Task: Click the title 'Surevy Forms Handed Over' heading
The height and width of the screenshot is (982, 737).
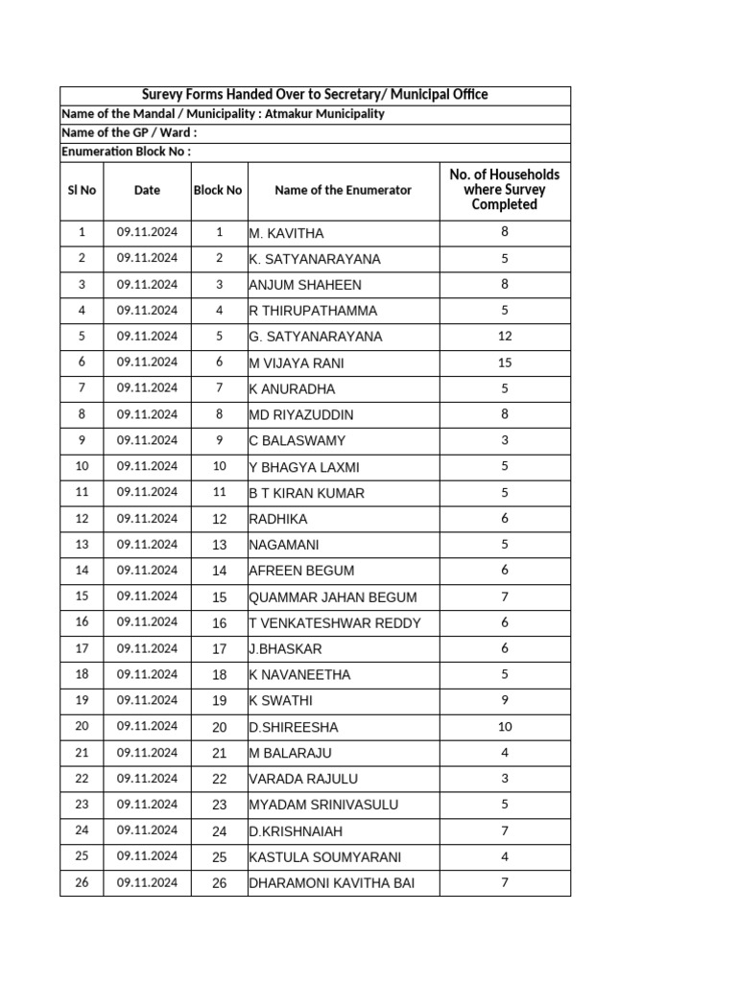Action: pos(315,95)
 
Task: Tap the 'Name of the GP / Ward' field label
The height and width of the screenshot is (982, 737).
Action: pos(129,133)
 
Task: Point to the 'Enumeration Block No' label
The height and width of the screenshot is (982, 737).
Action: pos(126,152)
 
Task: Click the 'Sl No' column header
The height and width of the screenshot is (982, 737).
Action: pos(82,190)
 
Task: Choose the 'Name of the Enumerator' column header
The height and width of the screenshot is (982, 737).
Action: pos(343,190)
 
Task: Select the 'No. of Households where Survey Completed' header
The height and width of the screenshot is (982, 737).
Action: pos(504,189)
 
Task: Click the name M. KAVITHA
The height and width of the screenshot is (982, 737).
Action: pos(286,233)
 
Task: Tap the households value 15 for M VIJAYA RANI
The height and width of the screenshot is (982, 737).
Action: pos(505,362)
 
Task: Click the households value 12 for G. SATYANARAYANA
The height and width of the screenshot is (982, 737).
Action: pos(505,337)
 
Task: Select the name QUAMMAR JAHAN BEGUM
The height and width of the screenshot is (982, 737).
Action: pos(333,597)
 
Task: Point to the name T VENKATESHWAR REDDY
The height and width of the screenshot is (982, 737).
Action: pos(334,623)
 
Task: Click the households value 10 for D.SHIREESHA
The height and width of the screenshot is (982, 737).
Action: pos(505,727)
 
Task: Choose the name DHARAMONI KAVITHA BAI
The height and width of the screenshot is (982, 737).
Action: pos(332,883)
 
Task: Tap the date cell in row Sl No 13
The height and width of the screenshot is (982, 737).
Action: pos(147,545)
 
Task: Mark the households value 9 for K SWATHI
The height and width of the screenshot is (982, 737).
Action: pos(505,700)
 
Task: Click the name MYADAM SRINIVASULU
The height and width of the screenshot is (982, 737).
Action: pos(323,805)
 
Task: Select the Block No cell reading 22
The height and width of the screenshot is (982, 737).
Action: pos(219,779)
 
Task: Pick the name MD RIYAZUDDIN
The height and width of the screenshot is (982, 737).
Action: pos(301,415)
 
